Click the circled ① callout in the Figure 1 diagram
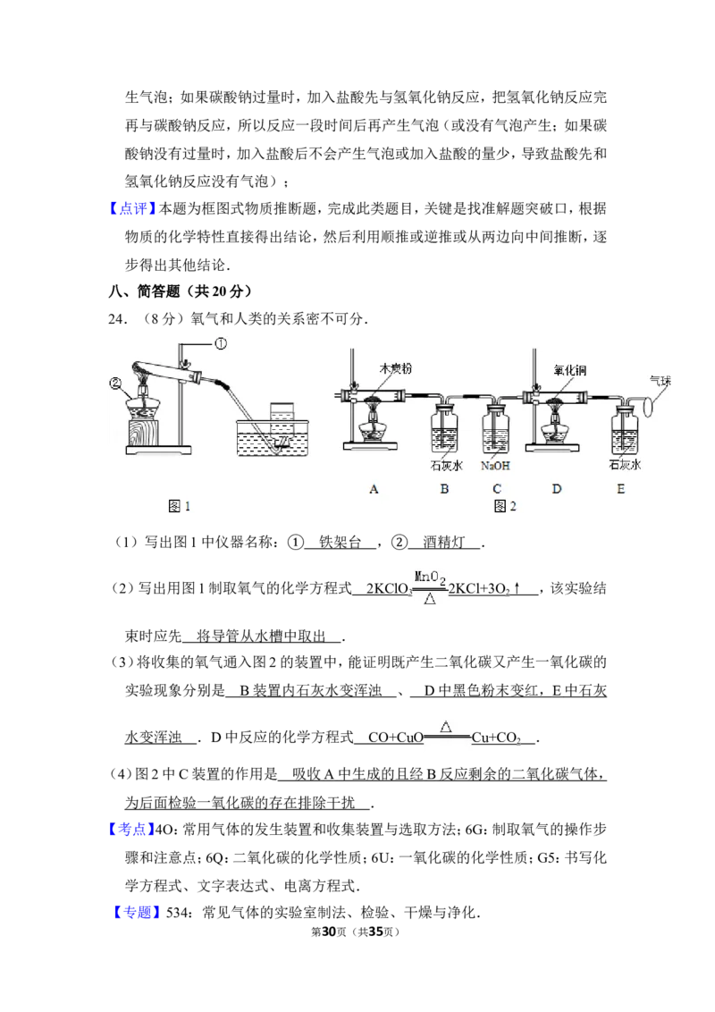(x=221, y=344)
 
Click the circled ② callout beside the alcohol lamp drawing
(x=115, y=384)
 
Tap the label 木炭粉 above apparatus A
(x=396, y=368)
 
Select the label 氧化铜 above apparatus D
(x=570, y=370)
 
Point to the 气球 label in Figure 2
(x=660, y=381)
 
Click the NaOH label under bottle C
(x=495, y=466)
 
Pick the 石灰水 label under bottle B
(x=446, y=466)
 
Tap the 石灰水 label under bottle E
(x=625, y=464)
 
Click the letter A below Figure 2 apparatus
(x=374, y=489)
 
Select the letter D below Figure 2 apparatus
(x=556, y=489)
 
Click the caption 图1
(x=179, y=507)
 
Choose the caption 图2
(x=505, y=507)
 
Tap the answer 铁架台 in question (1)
(x=341, y=542)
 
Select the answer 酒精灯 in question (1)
(x=443, y=542)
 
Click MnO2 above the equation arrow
(x=430, y=578)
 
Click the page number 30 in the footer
(x=329, y=932)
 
